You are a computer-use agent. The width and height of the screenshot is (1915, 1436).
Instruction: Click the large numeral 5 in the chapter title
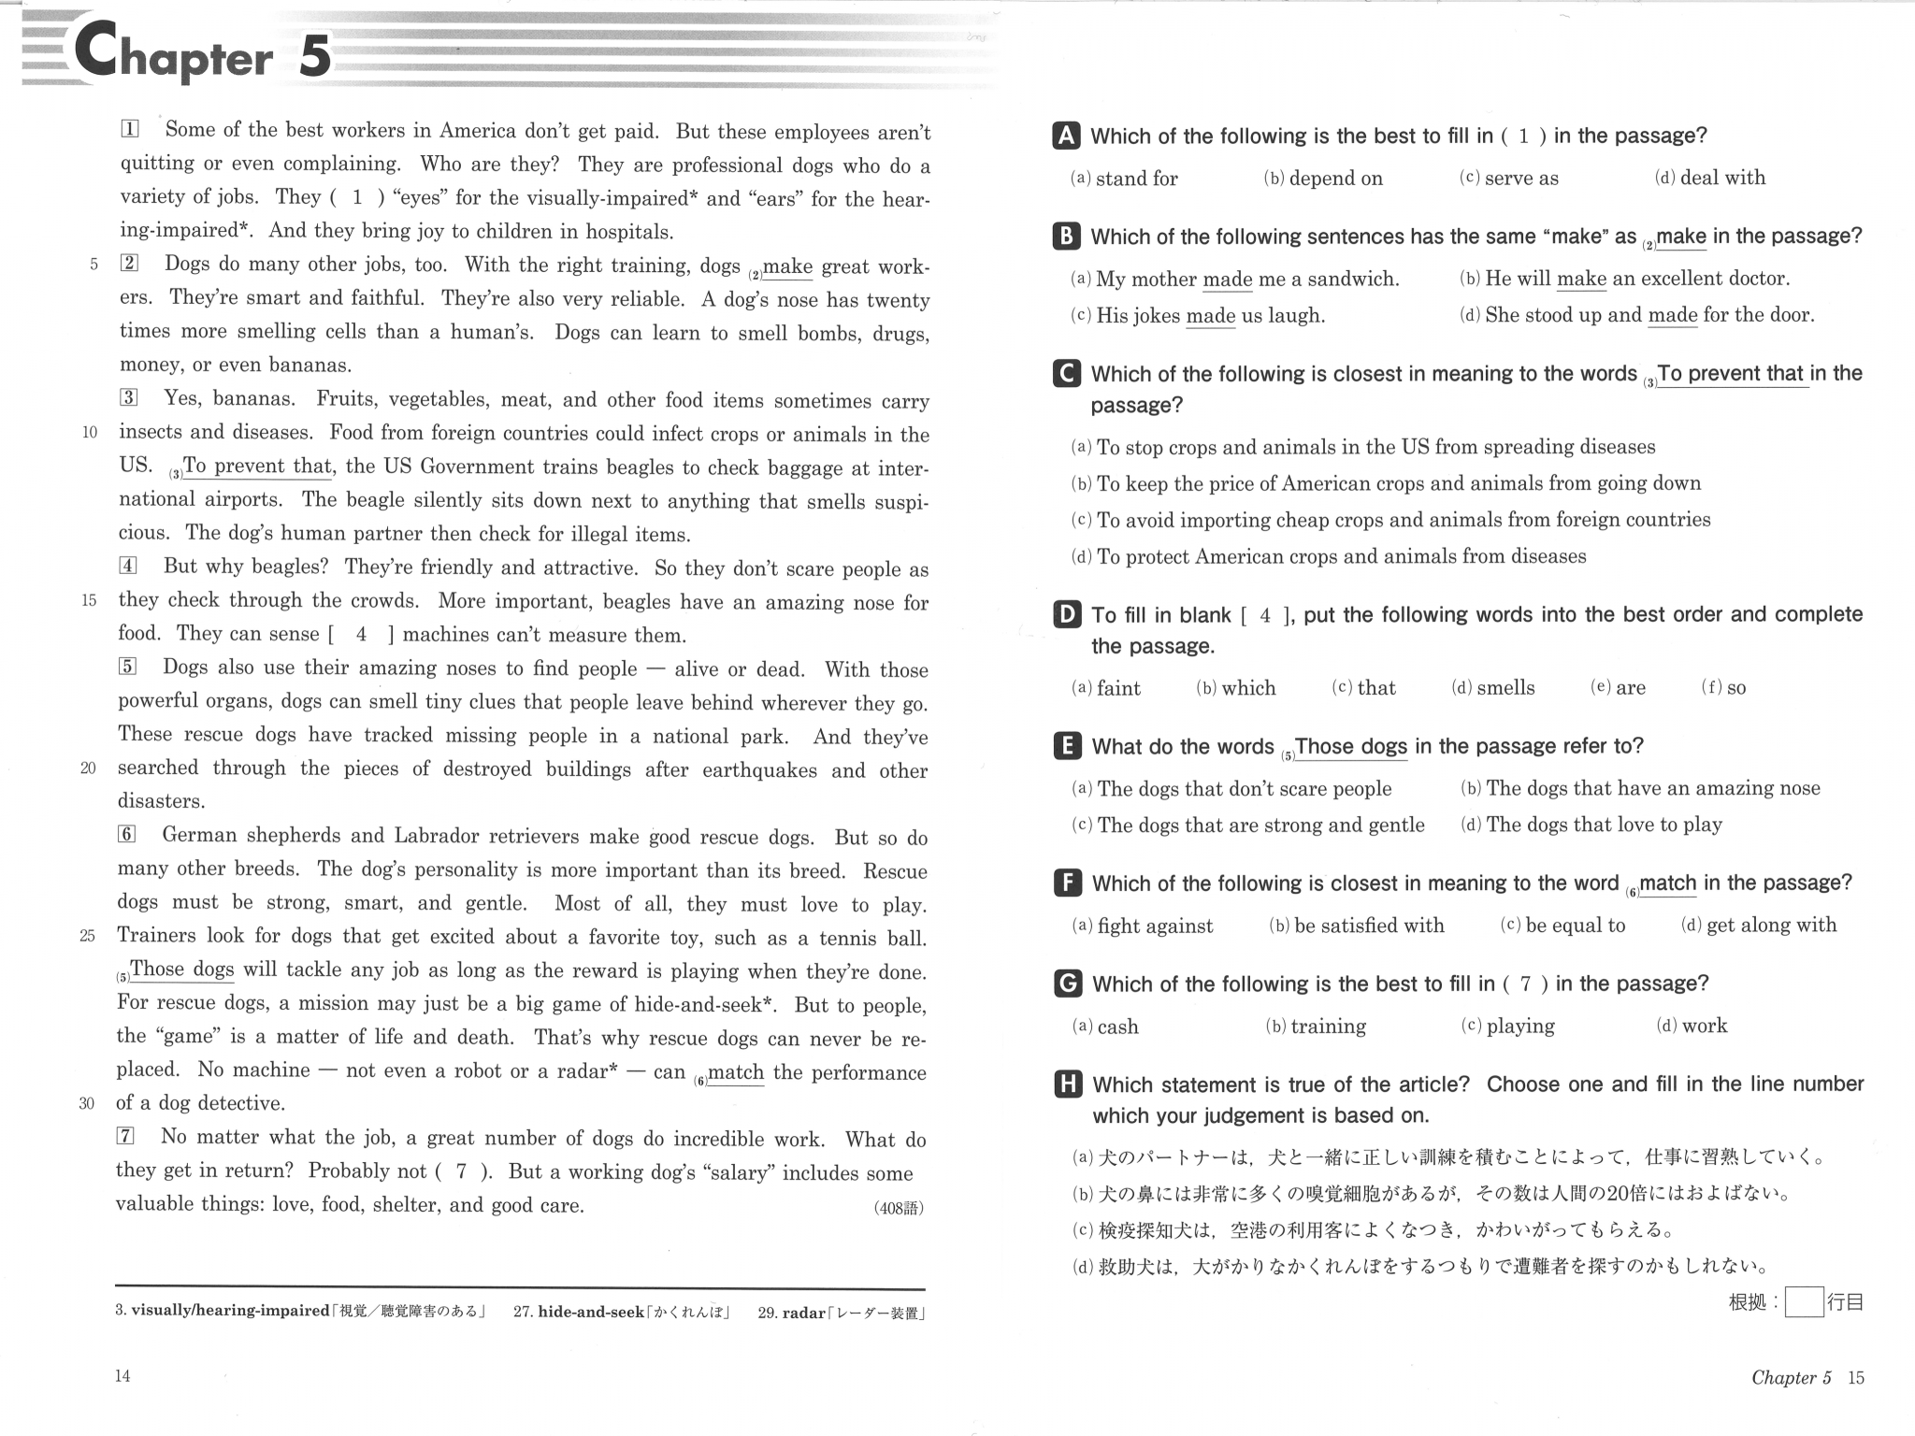(x=315, y=55)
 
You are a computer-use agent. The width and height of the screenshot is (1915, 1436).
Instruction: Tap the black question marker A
(x=1065, y=136)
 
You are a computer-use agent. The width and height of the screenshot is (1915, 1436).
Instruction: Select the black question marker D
(x=1066, y=614)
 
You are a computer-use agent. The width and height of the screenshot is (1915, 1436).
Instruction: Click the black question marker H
(x=1067, y=1084)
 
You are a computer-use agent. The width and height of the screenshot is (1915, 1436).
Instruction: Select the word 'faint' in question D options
(x=1117, y=688)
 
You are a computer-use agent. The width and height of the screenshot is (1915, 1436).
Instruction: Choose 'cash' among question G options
(x=1117, y=1027)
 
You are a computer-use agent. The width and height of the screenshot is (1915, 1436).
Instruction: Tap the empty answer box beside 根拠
(x=1803, y=1301)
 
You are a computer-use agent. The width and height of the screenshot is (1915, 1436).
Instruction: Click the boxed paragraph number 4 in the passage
(x=128, y=566)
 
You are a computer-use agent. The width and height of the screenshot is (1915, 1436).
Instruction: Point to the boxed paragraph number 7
(x=125, y=1136)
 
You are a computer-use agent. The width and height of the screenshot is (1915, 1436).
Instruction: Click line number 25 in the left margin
(x=88, y=936)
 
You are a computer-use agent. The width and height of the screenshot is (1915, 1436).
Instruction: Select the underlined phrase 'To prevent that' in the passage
(x=257, y=466)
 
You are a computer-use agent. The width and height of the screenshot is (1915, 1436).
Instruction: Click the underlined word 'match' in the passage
(x=735, y=1072)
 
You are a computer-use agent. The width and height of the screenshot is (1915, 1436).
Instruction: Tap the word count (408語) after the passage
(x=898, y=1208)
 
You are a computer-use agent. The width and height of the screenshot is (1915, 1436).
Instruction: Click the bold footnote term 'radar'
(x=803, y=1313)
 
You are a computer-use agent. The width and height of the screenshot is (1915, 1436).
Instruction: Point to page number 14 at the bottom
(x=122, y=1375)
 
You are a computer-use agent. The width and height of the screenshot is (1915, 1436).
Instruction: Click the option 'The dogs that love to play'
(x=1603, y=825)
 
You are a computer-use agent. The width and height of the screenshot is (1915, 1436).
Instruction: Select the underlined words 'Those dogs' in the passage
(x=181, y=969)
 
